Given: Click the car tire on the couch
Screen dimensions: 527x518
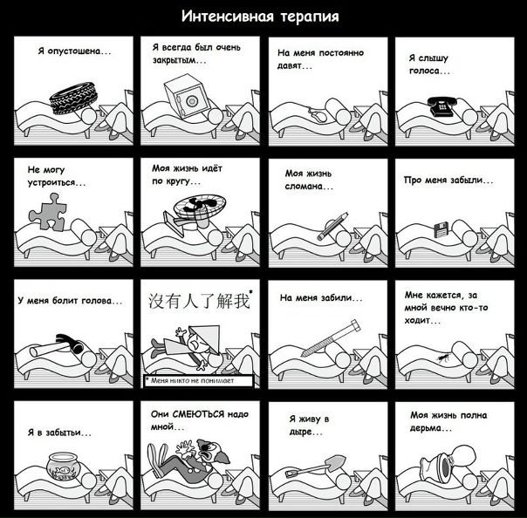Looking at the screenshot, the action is pos(73,98).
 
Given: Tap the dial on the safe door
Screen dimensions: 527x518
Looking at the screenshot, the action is pos(191,100).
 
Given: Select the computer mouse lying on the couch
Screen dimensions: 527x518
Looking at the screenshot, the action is pos(318,116).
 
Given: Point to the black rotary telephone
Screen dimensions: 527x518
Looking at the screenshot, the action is pos(441,106).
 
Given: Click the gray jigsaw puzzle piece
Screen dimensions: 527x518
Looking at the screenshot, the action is pos(48,212).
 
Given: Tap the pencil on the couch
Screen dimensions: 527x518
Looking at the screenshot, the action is pos(332,227).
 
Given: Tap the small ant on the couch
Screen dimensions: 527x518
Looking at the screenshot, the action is pos(442,358).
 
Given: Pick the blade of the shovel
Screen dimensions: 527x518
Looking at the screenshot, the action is pos(336,462).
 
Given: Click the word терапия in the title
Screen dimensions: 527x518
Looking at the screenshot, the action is pos(309,16).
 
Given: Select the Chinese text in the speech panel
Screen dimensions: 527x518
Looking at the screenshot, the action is pos(200,300).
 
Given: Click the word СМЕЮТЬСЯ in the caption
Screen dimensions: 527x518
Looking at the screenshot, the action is pos(198,414).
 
